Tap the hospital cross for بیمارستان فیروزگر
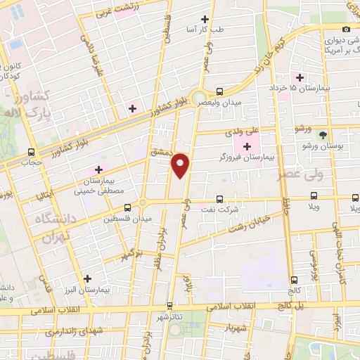click(x=247, y=146)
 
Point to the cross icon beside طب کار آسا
click(x=205, y=19)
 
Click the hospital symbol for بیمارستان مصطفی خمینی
click(x=98, y=169)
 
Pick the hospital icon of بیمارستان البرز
click(x=87, y=278)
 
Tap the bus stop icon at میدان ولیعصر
click(x=220, y=91)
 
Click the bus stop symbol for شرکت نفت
click(x=220, y=199)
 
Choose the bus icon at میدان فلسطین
click(x=127, y=207)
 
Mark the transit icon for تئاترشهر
click(x=169, y=306)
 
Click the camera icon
click(x=346, y=29)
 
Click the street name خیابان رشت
click(x=243, y=224)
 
